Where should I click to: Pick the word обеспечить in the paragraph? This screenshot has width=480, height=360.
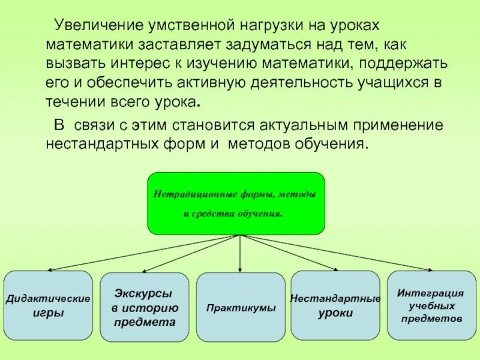coord(115,82)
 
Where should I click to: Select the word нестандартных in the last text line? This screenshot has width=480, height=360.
coord(100,145)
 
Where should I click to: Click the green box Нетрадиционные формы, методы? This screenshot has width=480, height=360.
coord(236,203)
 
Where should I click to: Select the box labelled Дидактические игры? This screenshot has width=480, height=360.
coord(48,305)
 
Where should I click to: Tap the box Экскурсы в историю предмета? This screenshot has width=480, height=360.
coord(144,307)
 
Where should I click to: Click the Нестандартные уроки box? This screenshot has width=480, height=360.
coord(335,305)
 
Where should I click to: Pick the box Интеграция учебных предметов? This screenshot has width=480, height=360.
coord(431,304)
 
